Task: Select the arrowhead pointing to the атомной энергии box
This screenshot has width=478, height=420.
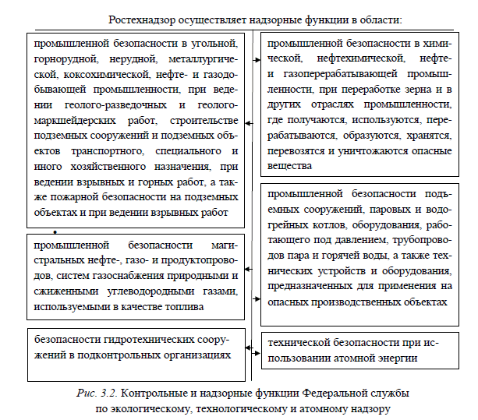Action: click(258, 342)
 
